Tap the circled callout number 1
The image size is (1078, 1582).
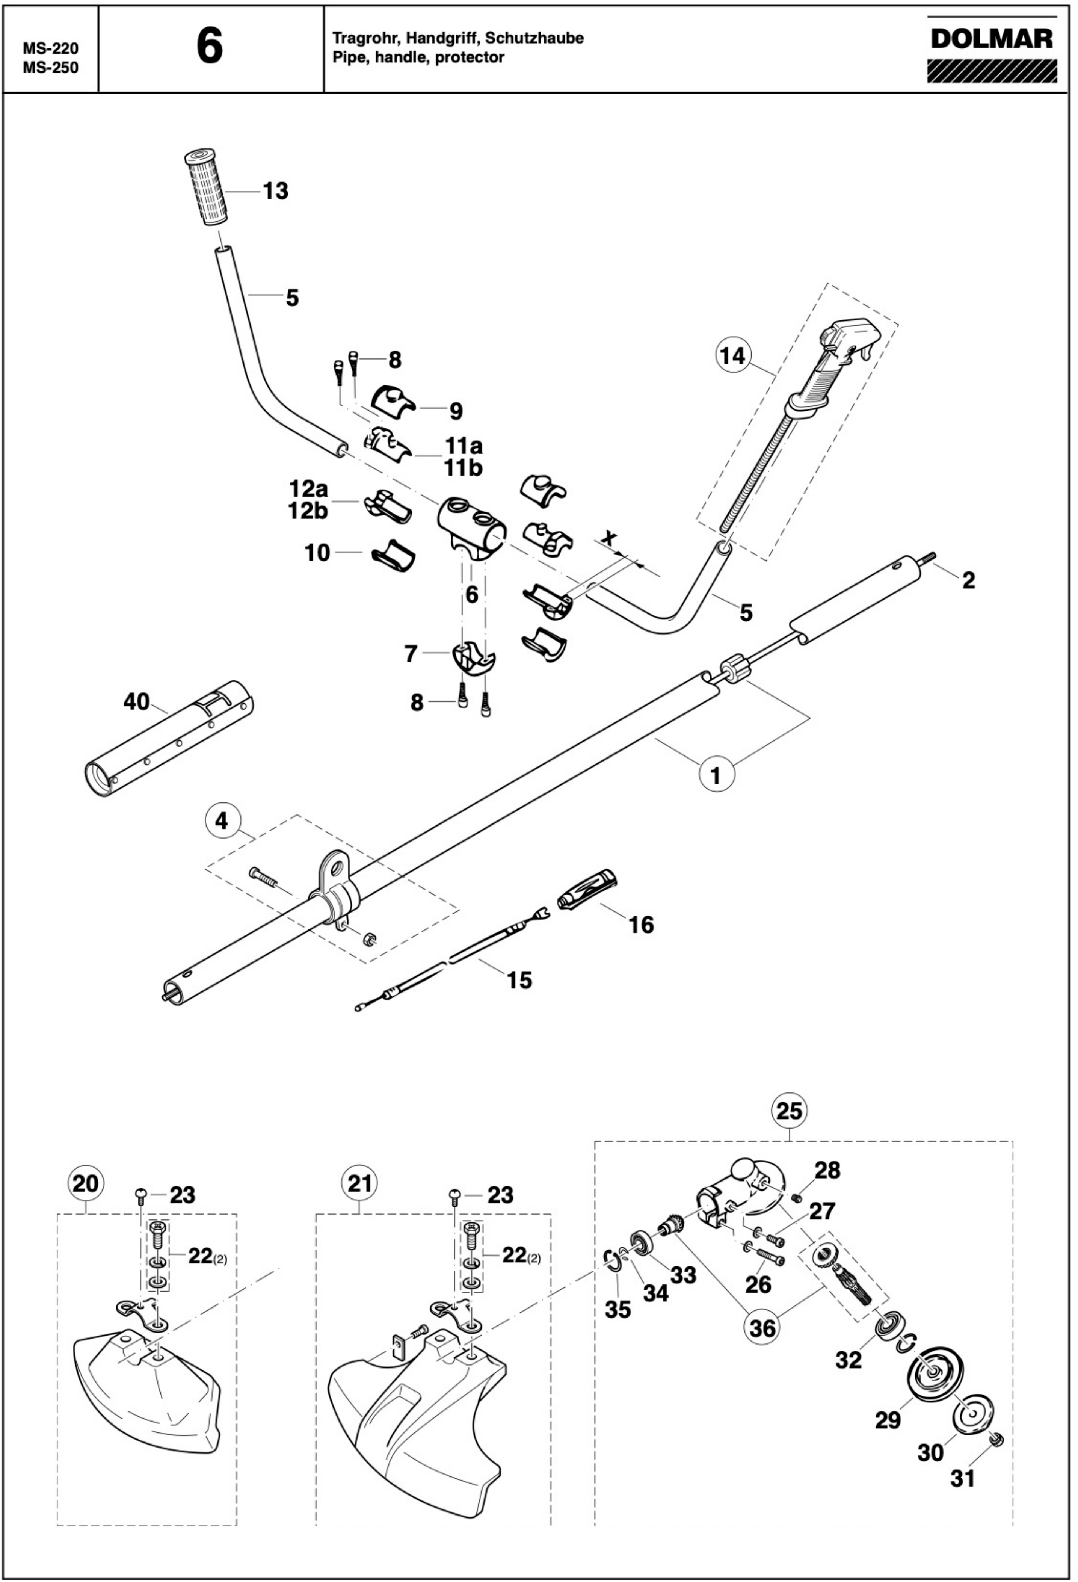pyautogui.click(x=715, y=775)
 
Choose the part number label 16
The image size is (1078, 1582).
pyautogui.click(x=641, y=925)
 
